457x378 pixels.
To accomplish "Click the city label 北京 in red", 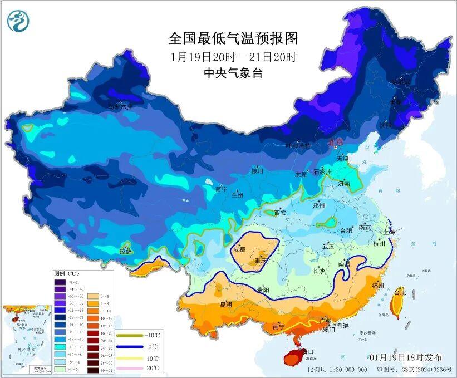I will [336, 143].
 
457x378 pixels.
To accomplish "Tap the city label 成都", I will [239, 249].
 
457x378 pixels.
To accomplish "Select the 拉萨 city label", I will [126, 251].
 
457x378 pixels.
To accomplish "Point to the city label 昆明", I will [226, 305].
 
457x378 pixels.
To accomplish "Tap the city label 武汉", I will [328, 246].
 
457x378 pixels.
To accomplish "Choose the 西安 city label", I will [280, 213].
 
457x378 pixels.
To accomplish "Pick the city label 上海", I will [388, 232].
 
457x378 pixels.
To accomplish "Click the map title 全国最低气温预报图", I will [233, 38].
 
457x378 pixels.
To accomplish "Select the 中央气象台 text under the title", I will [233, 72].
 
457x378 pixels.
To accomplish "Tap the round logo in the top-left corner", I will [18, 21].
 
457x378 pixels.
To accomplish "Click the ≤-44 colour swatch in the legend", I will [60, 282].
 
